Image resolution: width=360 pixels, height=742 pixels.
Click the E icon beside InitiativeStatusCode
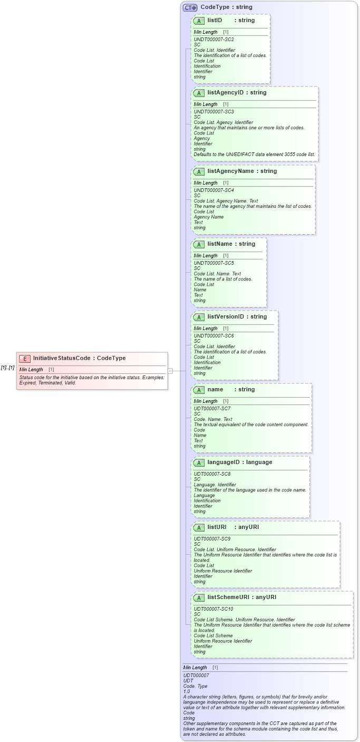pyautogui.click(x=25, y=358)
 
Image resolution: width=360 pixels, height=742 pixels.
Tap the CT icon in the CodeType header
pyautogui.click(x=190, y=7)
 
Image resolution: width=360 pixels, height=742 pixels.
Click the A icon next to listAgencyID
pyautogui.click(x=199, y=93)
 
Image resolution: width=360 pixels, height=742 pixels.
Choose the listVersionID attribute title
pyautogui.click(x=237, y=317)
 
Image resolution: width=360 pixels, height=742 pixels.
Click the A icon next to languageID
pyautogui.click(x=199, y=462)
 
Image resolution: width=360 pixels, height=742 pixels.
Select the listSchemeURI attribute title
pyautogui.click(x=242, y=598)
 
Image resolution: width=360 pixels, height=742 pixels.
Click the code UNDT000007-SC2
pyautogui.click(x=213, y=40)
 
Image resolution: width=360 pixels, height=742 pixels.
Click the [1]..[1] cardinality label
pyautogui.click(x=7, y=368)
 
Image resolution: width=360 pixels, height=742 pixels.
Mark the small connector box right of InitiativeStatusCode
pyautogui.click(x=170, y=371)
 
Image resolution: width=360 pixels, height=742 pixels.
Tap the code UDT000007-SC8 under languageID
pyautogui.click(x=212, y=474)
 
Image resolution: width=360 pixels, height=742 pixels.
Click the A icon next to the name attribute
pyautogui.click(x=199, y=390)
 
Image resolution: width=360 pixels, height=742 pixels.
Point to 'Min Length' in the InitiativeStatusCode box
pyautogui.click(x=31, y=370)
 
